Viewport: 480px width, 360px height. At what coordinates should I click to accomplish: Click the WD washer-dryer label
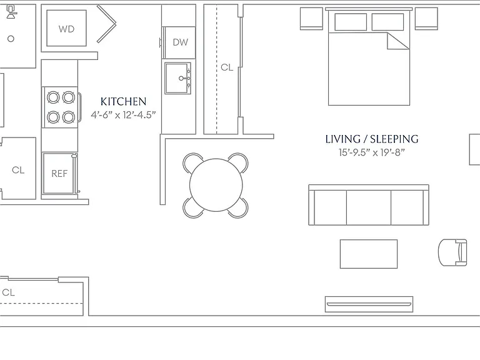point(66,29)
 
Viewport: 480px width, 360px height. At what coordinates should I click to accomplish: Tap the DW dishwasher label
point(180,42)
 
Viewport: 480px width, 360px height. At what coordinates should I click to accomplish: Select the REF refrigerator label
point(59,174)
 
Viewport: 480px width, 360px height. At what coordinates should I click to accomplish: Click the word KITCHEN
point(123,101)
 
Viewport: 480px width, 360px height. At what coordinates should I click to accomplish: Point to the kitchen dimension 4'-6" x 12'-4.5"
point(123,115)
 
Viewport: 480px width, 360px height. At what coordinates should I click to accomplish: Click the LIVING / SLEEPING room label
point(372,139)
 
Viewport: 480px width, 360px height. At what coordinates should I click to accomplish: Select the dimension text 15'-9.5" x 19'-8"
point(372,152)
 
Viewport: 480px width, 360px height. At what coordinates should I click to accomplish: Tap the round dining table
point(216,185)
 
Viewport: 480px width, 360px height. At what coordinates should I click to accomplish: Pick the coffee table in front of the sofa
point(369,254)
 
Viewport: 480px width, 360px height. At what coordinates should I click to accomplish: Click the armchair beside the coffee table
point(452,252)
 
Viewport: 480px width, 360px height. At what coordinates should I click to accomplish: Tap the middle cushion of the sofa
point(369,207)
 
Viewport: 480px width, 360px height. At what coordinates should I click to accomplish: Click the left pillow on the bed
point(351,22)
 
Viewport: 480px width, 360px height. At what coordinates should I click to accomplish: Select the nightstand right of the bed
point(426,19)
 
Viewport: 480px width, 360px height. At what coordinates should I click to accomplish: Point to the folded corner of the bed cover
point(398,41)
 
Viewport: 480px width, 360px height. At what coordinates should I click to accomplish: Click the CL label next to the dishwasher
point(227,67)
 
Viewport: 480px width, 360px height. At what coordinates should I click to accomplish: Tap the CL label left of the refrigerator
point(18,170)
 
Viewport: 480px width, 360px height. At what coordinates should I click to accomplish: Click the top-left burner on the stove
point(53,97)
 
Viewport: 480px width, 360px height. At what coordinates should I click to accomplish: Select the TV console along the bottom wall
point(369,304)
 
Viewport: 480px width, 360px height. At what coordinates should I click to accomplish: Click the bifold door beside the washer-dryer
point(106,24)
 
